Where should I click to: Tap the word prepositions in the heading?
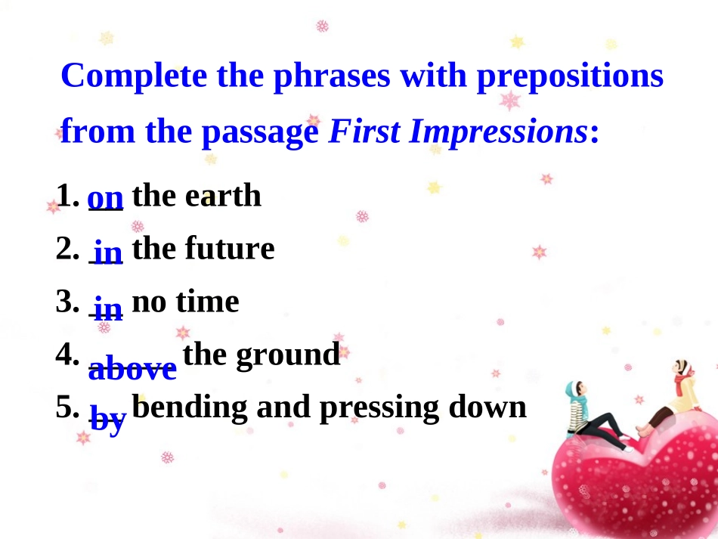point(570,78)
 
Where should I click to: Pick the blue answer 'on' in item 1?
point(106,198)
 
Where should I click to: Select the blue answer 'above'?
point(132,369)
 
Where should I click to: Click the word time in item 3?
point(207,302)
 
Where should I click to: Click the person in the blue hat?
point(586,416)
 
